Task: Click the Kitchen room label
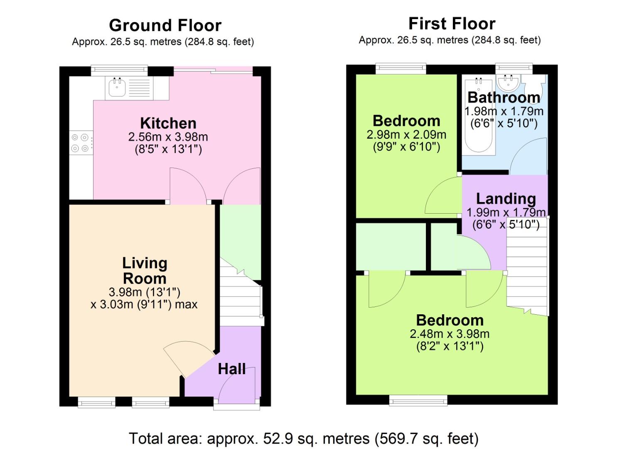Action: click(168, 123)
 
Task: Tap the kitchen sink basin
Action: click(117, 88)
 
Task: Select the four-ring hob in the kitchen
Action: click(80, 143)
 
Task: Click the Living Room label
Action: click(145, 271)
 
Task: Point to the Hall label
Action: click(231, 369)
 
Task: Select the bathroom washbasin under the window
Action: click(507, 83)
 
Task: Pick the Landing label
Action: click(506, 199)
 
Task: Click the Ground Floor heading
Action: click(165, 25)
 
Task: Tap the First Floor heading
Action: click(452, 24)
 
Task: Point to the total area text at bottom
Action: click(303, 439)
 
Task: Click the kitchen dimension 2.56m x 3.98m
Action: click(168, 137)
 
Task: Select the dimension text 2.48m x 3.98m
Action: click(449, 334)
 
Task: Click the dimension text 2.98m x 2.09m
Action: click(406, 135)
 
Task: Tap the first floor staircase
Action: click(527, 266)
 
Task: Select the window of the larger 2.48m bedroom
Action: click(418, 400)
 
